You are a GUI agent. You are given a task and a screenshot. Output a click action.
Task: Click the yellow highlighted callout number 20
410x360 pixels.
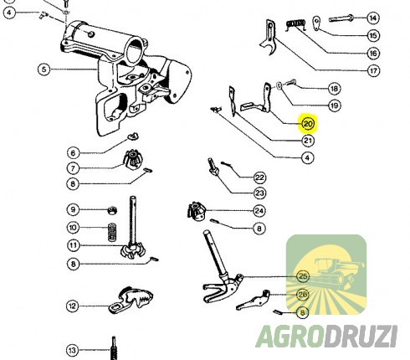tap(308, 123)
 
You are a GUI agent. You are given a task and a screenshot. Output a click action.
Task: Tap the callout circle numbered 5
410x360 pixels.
tap(44, 69)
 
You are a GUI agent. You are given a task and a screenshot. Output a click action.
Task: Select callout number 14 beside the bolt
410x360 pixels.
tap(373, 18)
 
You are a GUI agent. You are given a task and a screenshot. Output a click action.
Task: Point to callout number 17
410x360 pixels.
tap(373, 70)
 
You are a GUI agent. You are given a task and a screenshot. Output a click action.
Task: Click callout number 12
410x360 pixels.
tap(72, 306)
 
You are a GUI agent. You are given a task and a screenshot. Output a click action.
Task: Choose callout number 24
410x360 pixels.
tap(259, 211)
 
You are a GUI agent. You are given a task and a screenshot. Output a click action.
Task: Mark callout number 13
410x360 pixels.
tap(72, 350)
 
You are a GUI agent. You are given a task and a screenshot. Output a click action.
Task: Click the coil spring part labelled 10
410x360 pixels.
tap(112, 232)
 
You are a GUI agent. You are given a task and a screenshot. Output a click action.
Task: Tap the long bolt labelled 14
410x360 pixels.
tap(341, 19)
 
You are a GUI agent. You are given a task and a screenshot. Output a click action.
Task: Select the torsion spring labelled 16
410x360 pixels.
tap(295, 24)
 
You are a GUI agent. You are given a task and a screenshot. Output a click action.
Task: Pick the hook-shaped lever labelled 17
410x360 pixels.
tap(269, 37)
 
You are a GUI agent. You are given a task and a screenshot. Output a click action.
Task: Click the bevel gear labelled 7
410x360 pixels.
tap(133, 159)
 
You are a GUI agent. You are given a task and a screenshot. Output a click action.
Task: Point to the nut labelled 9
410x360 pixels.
tap(112, 210)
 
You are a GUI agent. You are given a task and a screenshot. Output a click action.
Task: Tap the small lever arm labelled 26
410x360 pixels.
tap(254, 300)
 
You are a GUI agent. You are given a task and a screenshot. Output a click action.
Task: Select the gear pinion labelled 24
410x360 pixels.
tap(196, 211)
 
